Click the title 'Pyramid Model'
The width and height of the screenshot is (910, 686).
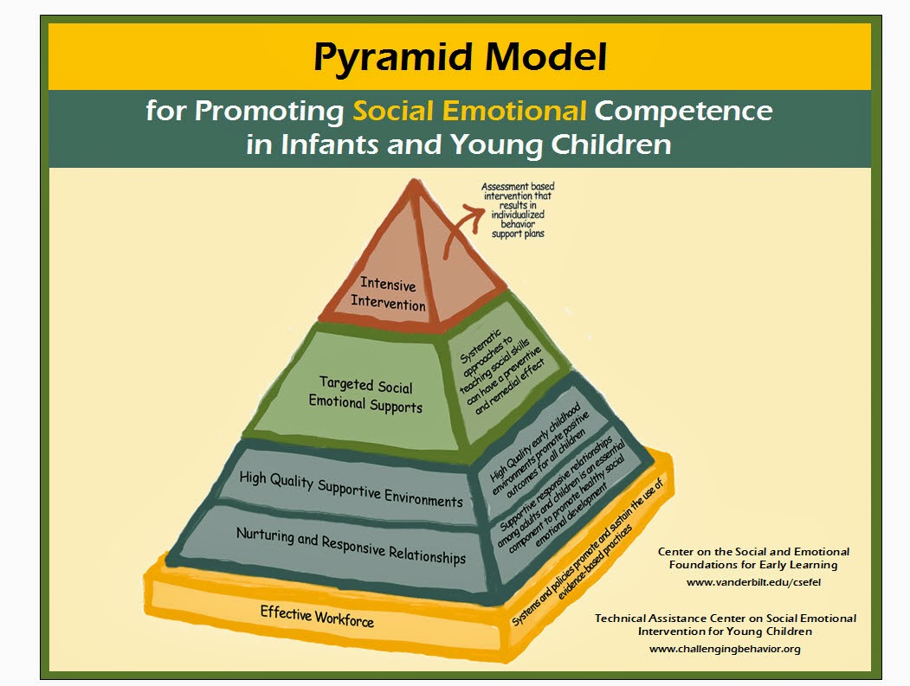460,57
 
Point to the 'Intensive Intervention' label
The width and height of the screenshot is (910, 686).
388,294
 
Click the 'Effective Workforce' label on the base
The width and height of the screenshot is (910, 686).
318,617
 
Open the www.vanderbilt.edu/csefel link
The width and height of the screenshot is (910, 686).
753,582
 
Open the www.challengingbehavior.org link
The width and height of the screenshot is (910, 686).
725,648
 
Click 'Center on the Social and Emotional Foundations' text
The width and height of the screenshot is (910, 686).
753,558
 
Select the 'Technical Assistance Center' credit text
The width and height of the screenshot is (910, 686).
725,624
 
